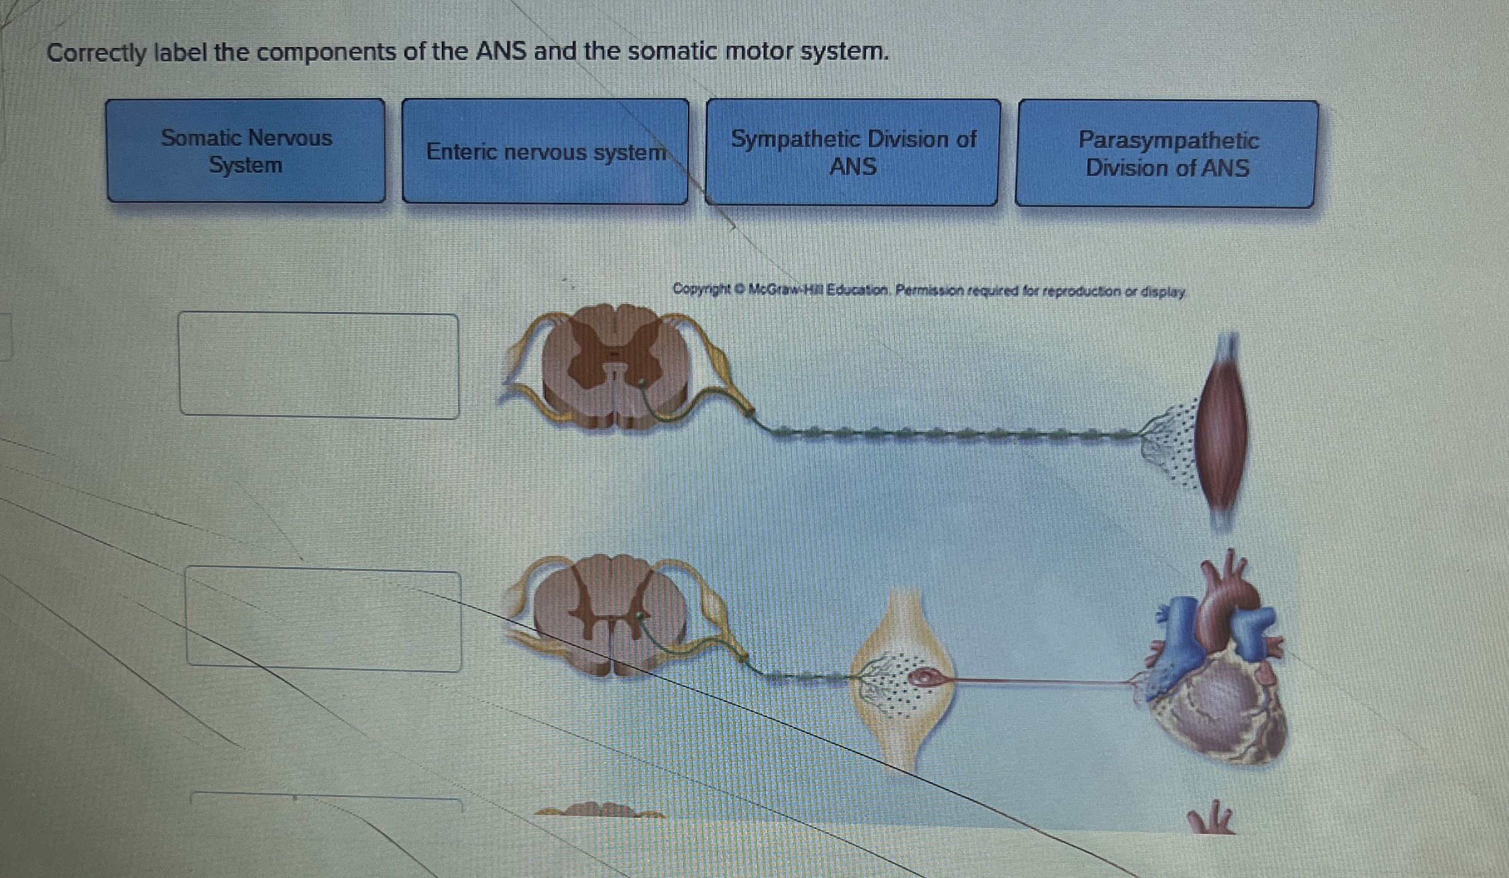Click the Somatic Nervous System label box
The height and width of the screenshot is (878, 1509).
(246, 151)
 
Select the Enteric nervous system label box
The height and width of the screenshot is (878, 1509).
(545, 151)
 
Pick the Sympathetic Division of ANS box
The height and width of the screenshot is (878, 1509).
(852, 152)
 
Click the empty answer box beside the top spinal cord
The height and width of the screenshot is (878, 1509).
(319, 366)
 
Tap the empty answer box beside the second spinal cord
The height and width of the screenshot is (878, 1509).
(323, 620)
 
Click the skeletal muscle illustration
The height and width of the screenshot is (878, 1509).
(1222, 433)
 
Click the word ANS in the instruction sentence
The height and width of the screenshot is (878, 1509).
(500, 51)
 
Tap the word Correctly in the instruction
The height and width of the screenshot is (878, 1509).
(96, 52)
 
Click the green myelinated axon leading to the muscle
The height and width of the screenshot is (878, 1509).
(942, 433)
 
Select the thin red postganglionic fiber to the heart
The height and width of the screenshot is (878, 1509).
(1036, 680)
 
